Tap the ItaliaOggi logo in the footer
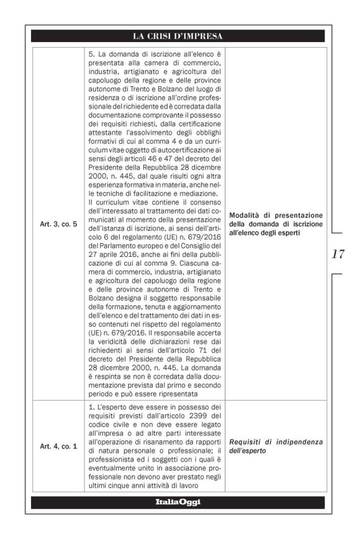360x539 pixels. tap(180, 502)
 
